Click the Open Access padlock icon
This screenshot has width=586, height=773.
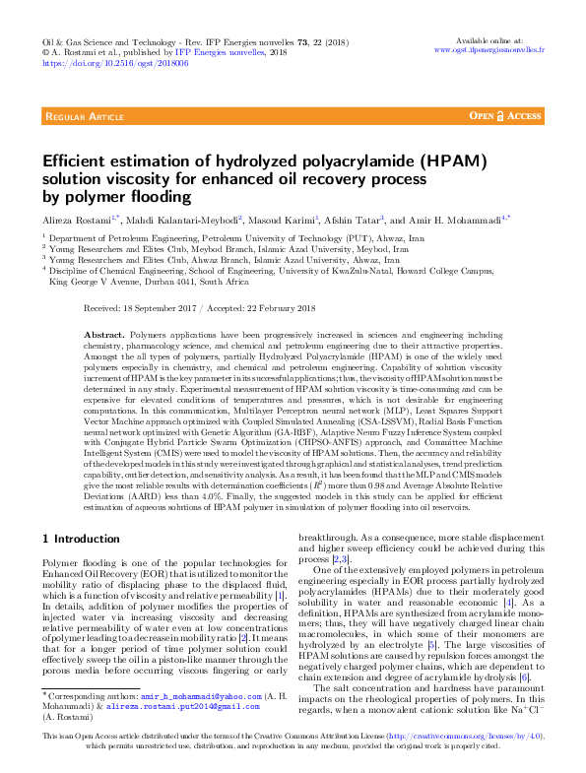point(498,116)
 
